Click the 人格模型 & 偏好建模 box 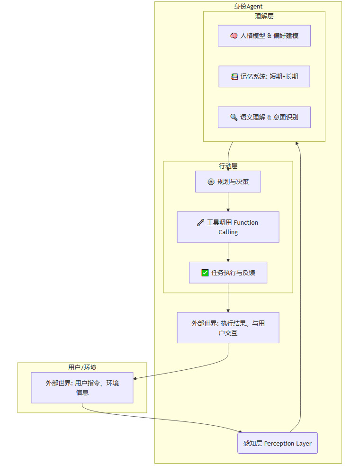tap(264, 36)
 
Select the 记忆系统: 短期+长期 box tap(264, 76)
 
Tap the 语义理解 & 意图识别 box tap(264, 117)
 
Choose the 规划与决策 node tap(228, 182)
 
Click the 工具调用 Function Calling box tap(228, 227)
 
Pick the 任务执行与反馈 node tap(228, 273)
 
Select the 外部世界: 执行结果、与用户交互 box tap(228, 328)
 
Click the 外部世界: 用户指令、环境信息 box tap(82, 387)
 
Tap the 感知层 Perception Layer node tap(278, 443)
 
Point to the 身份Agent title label tap(248, 6)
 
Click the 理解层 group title tap(264, 16)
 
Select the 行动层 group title tap(228, 166)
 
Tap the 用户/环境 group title tap(82, 367)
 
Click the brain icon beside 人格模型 tap(234, 36)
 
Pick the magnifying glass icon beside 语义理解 tap(234, 117)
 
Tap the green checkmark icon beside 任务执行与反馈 tap(205, 273)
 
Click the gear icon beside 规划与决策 tap(211, 182)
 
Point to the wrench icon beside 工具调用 tap(200, 222)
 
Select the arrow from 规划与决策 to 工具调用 tap(228, 202)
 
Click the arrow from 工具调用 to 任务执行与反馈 tap(228, 252)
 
